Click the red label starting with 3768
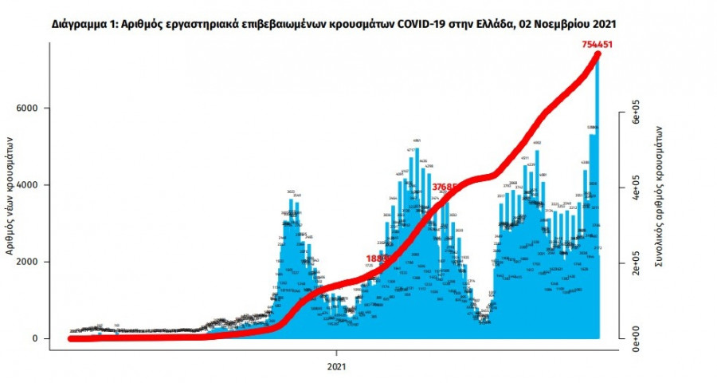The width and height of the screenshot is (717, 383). [x=447, y=188]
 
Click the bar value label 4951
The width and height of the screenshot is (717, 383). [x=417, y=140]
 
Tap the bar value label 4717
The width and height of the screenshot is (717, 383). [x=411, y=150]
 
